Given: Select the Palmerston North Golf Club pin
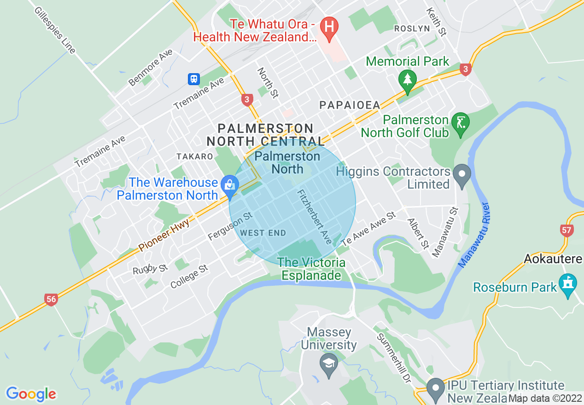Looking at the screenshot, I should (x=460, y=123).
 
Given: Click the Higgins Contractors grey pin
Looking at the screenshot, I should (x=461, y=174).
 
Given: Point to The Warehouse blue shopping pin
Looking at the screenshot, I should (x=228, y=186).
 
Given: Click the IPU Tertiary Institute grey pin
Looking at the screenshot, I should (x=435, y=388).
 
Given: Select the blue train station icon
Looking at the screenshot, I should (x=194, y=79).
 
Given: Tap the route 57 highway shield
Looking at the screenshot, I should (x=567, y=230).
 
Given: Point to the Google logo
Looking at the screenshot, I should (x=31, y=394).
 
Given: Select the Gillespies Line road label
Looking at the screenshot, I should (x=55, y=30).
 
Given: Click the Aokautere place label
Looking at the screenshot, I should (x=553, y=259).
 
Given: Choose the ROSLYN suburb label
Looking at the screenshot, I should (x=412, y=29).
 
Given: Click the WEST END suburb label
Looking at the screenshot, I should (x=263, y=233).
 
